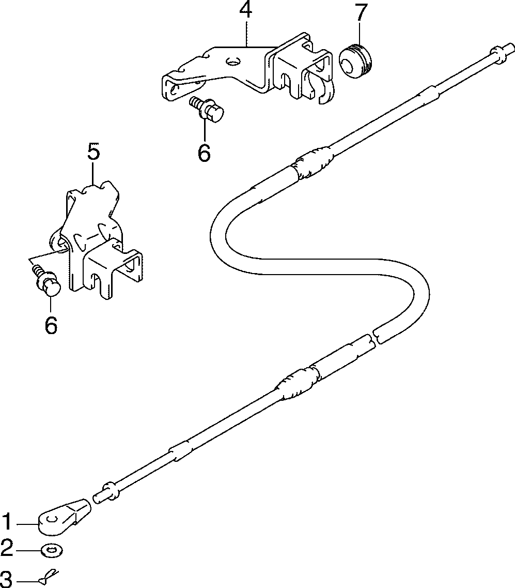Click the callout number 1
tap(7, 523)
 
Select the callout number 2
tap(7, 548)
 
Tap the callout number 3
tap(7, 578)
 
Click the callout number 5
tap(93, 153)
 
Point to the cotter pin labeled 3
tap(50, 576)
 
